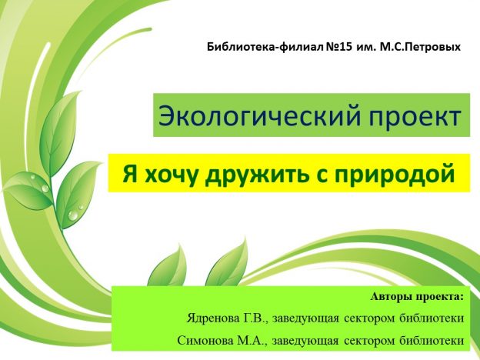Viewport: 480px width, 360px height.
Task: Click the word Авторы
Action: [x=390, y=295]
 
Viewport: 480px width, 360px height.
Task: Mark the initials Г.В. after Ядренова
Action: [x=256, y=318]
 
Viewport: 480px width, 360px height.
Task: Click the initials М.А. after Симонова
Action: [x=258, y=340]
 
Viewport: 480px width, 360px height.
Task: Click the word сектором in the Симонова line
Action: [x=377, y=340]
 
